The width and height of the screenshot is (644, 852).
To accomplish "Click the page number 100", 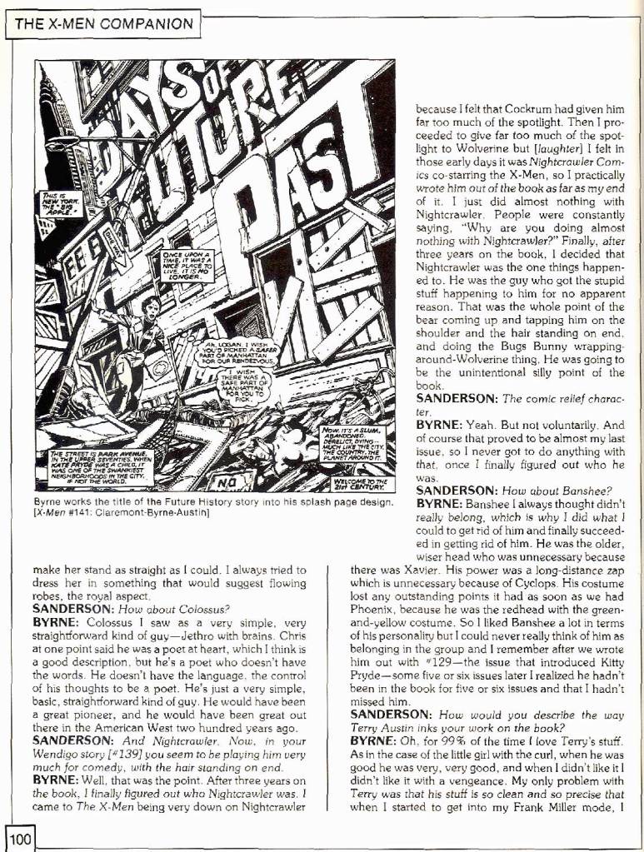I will (x=18, y=838).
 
